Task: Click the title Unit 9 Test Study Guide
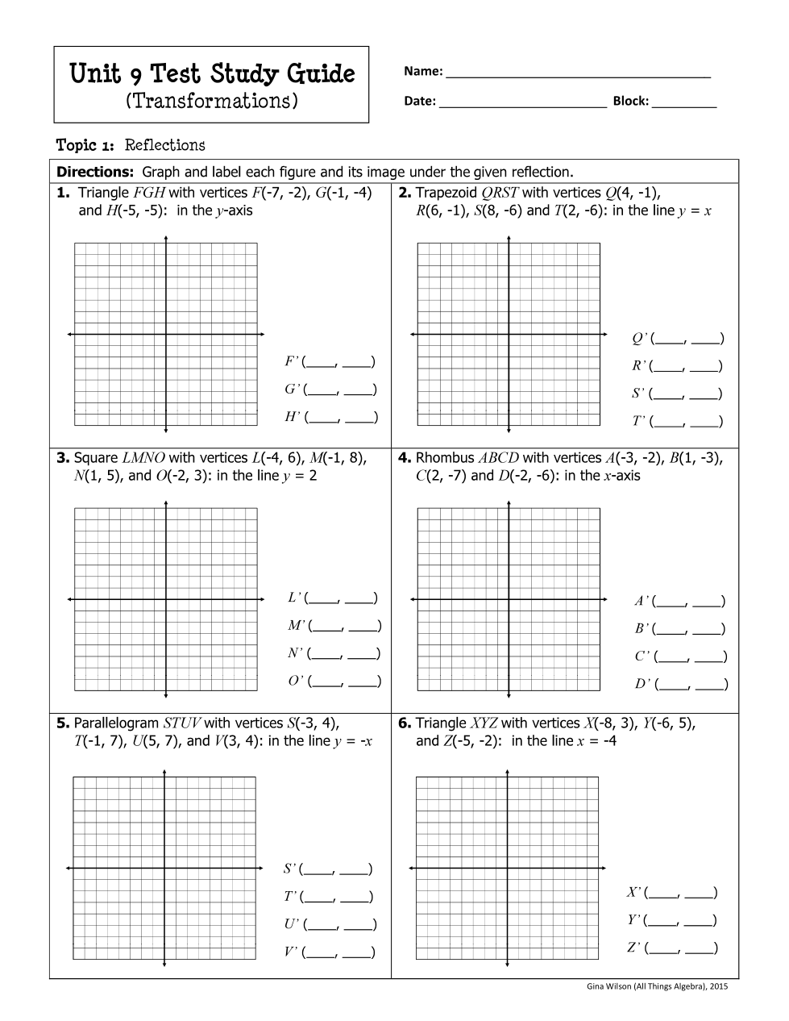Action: (x=212, y=74)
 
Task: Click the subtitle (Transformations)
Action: (x=212, y=102)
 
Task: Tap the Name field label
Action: (x=423, y=72)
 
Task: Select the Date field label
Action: (x=420, y=102)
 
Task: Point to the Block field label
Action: (x=630, y=102)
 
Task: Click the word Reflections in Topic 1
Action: (x=165, y=145)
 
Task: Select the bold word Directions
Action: (x=94, y=172)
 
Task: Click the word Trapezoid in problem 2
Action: (x=446, y=193)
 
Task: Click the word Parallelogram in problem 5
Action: (x=116, y=723)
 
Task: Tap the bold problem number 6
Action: (x=405, y=723)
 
